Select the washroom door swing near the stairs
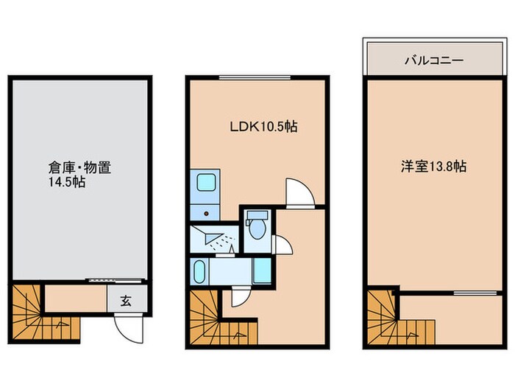[x=238, y=297]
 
